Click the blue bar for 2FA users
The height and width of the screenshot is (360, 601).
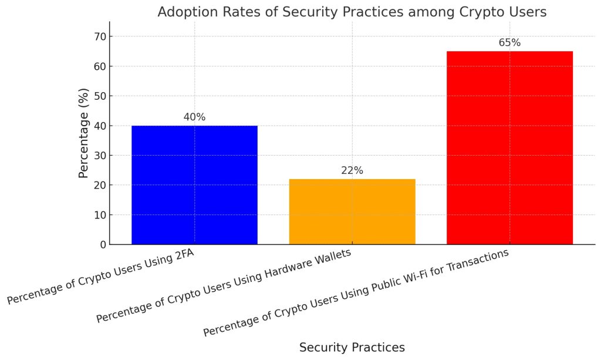click(x=194, y=185)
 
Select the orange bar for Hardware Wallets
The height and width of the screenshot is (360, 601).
click(x=352, y=211)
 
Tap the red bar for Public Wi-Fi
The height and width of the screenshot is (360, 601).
click(x=509, y=147)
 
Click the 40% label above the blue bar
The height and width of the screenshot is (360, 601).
click(x=194, y=117)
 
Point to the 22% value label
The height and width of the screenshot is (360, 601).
click(x=352, y=171)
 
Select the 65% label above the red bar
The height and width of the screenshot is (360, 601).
click(x=509, y=43)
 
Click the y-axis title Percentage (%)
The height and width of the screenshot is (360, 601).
click(x=84, y=133)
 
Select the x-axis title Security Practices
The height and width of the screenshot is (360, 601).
click(x=352, y=347)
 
